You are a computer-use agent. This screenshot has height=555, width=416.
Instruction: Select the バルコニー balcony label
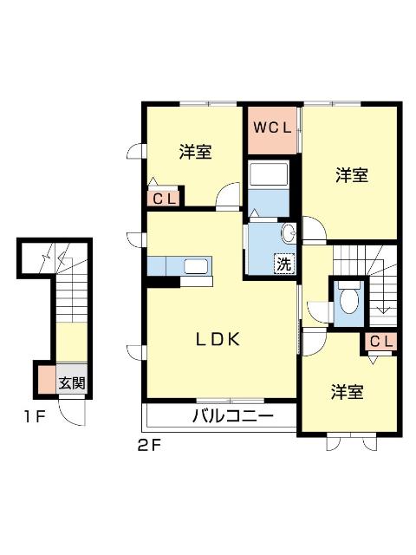(x=231, y=416)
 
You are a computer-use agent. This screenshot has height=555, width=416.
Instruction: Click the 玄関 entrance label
(x=72, y=382)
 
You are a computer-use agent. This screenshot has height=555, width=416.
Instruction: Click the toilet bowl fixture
(x=348, y=301)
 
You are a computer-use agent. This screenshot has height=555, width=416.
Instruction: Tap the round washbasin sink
(x=289, y=232)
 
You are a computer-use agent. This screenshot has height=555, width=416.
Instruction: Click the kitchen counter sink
(x=194, y=266)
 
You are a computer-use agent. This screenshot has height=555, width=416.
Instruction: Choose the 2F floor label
(x=148, y=447)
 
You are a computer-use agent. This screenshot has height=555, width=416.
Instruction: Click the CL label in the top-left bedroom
(x=165, y=199)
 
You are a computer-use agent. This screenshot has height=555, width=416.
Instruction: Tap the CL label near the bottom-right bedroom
(x=380, y=341)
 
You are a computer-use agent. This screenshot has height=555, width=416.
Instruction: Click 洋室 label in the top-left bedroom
(x=196, y=152)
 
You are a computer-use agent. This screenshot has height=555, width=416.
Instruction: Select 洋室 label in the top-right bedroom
(x=351, y=175)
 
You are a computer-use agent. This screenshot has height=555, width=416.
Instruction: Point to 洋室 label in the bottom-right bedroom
(x=346, y=392)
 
